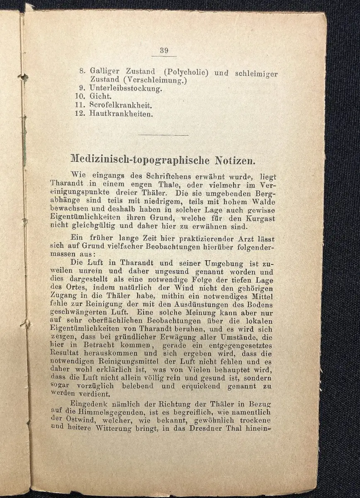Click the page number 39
tap(164, 51)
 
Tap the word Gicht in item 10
tap(100, 96)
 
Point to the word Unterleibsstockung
tap(126, 88)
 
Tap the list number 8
tap(82, 71)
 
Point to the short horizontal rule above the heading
tap(163, 134)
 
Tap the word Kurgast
tap(261, 218)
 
